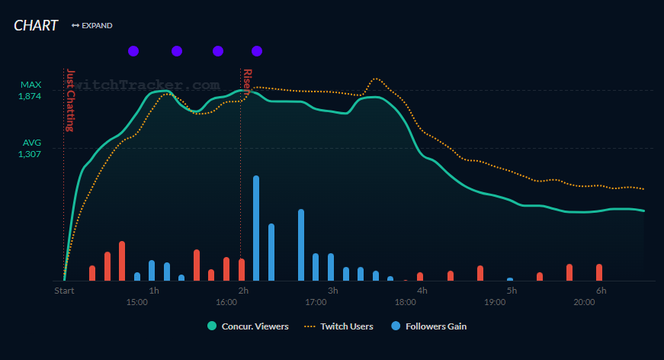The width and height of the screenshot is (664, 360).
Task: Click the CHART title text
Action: pyautogui.click(x=36, y=25)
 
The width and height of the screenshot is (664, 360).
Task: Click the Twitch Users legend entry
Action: pyautogui.click(x=339, y=326)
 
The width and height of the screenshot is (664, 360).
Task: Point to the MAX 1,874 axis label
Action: pyautogui.click(x=30, y=90)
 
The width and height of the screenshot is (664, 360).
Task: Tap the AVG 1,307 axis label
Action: pyautogui.click(x=31, y=148)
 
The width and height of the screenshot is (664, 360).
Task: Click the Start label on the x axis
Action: pyautogui.click(x=64, y=291)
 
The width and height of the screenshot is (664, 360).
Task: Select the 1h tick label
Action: pyautogui.click(x=154, y=291)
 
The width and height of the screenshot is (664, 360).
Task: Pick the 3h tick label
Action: pyautogui.click(x=332, y=291)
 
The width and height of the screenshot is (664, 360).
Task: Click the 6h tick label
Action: pyautogui.click(x=601, y=291)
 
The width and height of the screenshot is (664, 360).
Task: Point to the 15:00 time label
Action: pyautogui.click(x=137, y=303)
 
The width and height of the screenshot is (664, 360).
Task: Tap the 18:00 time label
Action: pyautogui.click(x=406, y=303)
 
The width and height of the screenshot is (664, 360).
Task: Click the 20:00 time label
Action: pyautogui.click(x=585, y=303)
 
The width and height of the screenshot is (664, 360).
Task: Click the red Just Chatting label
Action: pyautogui.click(x=70, y=99)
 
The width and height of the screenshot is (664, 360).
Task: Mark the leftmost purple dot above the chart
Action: pyautogui.click(x=133, y=51)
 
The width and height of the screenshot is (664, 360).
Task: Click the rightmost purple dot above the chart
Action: pyautogui.click(x=257, y=51)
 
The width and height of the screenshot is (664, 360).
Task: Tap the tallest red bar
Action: pyautogui.click(x=122, y=261)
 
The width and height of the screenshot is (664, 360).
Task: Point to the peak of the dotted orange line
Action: pyautogui.click(x=375, y=79)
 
